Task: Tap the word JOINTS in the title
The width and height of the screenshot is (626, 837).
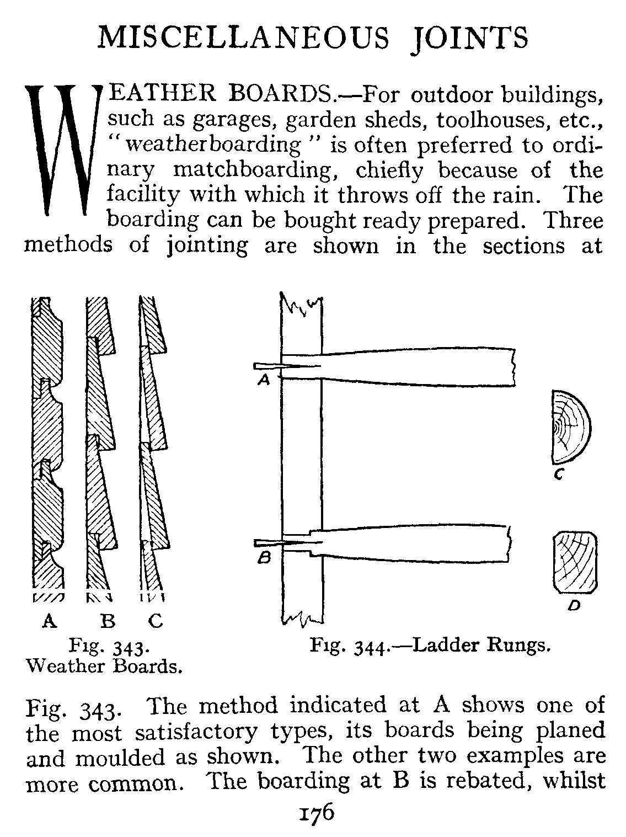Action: tap(470, 38)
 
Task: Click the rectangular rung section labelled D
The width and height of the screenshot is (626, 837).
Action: tap(575, 562)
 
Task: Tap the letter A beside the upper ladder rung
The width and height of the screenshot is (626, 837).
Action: tap(264, 380)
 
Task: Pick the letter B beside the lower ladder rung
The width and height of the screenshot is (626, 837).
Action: tap(264, 559)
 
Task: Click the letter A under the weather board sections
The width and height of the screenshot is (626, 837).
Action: tap(50, 621)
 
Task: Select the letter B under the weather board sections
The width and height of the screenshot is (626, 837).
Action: tap(108, 621)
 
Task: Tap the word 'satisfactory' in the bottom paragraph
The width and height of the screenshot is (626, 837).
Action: tap(195, 732)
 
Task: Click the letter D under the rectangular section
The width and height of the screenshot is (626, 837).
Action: tap(574, 606)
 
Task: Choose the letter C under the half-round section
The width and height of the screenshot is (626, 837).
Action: tap(558, 473)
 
